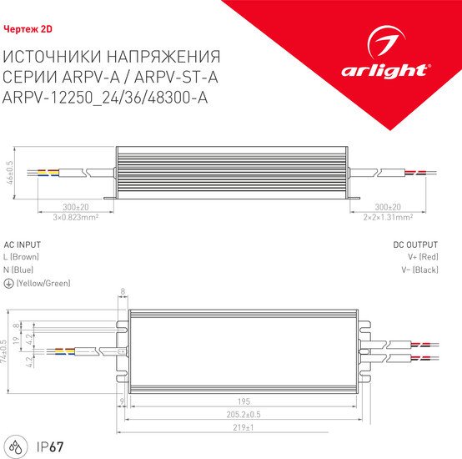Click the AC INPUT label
[23, 245]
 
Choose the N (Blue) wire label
[20, 271]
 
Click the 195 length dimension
[244, 400]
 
